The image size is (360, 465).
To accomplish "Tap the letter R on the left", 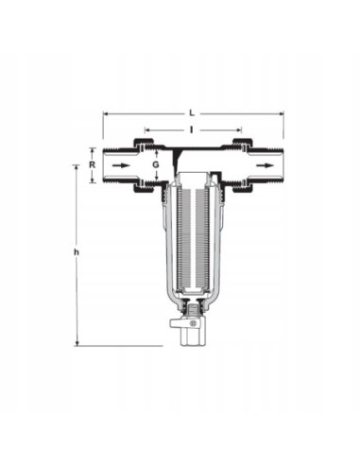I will click(x=92, y=164).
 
